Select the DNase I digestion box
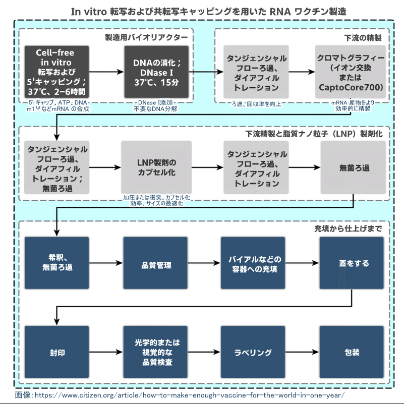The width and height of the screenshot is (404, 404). pyautogui.click(x=157, y=72)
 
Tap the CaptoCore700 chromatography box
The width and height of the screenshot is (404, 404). pyautogui.click(x=352, y=72)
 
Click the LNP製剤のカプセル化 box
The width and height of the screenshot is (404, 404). pyautogui.click(x=156, y=167)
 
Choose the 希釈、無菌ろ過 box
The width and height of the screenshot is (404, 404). pyautogui.click(x=57, y=263)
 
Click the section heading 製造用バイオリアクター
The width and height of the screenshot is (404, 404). pyautogui.click(x=146, y=37)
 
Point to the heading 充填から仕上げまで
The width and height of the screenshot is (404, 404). pyautogui.click(x=348, y=228)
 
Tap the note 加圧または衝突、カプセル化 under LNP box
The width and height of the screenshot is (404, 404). pyautogui.click(x=156, y=197)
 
